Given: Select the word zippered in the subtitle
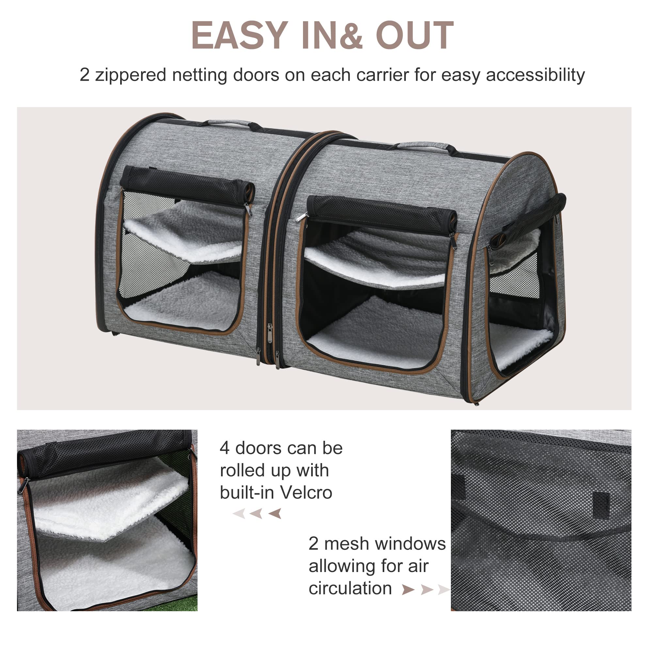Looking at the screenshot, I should click(x=131, y=75).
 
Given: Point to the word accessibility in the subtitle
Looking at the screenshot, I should click(x=535, y=75).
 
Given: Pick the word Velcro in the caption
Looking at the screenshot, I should click(x=307, y=493).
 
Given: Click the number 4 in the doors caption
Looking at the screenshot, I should click(x=224, y=449).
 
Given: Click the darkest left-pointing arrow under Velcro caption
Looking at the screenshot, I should click(x=275, y=514).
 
